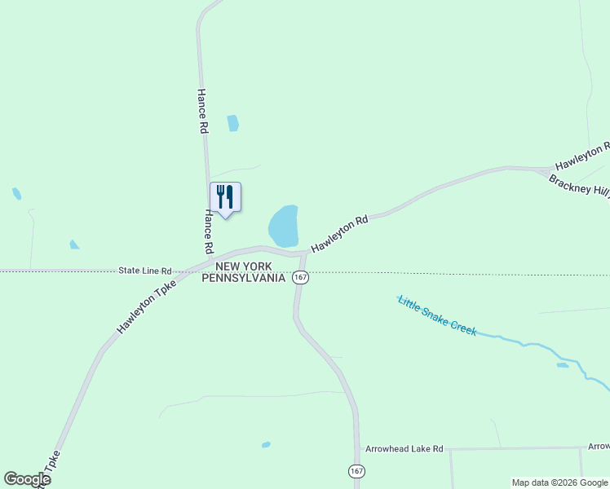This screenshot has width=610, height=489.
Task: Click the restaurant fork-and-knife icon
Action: tap(225, 197)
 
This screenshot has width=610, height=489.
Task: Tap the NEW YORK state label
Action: tap(248, 267)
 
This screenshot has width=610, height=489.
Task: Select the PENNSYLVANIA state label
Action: tap(244, 278)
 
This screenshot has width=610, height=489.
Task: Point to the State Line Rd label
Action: tap(144, 271)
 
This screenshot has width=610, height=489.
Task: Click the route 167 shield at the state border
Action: tap(301, 278)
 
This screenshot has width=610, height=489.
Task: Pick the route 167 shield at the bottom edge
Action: tap(356, 471)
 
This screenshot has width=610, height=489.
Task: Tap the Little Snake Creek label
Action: tap(437, 315)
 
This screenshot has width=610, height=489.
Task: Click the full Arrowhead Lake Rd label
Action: tap(404, 449)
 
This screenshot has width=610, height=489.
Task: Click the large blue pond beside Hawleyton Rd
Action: tap(284, 226)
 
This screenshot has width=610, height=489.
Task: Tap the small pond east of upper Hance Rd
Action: tap(233, 123)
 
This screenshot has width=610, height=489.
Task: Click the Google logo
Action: tap(27, 479)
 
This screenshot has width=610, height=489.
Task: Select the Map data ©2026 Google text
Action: tap(560, 482)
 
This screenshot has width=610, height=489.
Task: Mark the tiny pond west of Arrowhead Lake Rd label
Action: tap(266, 445)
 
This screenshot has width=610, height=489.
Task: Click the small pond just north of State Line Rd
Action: tap(74, 244)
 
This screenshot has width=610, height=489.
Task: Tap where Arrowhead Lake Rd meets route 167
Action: tap(357, 449)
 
